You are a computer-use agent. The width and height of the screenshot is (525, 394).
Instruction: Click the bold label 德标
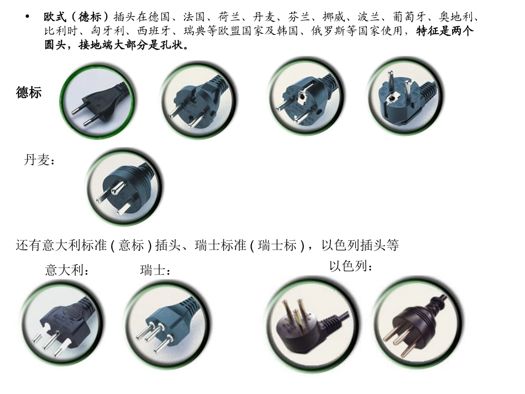click(29, 92)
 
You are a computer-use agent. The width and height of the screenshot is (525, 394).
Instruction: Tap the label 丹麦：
click(39, 161)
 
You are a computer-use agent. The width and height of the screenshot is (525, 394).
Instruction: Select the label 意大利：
click(67, 271)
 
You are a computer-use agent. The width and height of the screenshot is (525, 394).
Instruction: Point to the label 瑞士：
click(155, 271)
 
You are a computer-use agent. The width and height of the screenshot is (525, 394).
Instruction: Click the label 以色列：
click(351, 266)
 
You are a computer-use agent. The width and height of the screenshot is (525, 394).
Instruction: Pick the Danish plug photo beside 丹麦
click(124, 187)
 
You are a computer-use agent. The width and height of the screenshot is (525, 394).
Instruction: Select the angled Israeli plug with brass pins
click(307, 322)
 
